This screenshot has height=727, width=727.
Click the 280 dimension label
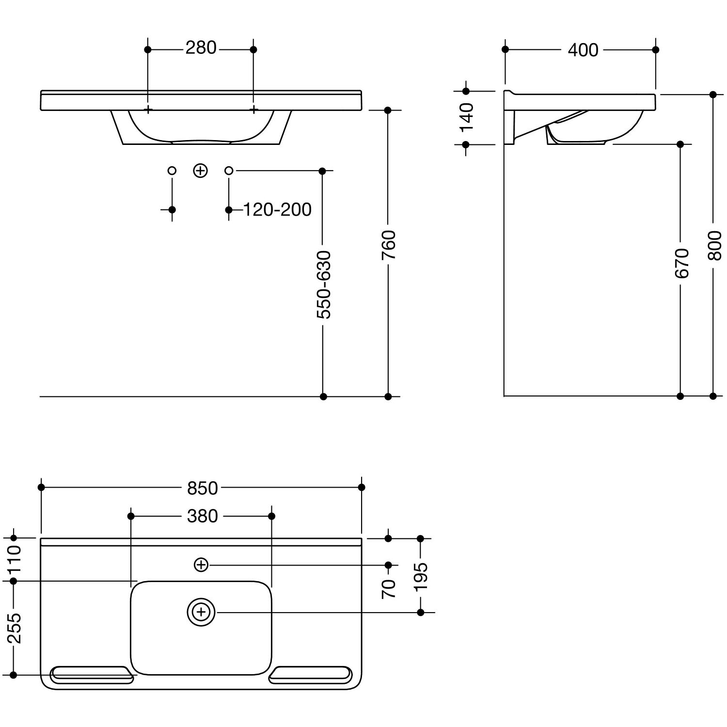201,48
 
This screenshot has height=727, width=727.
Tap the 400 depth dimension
583,50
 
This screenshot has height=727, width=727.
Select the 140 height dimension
467,117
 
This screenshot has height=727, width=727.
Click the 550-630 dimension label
323,284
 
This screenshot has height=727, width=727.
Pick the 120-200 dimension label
277,210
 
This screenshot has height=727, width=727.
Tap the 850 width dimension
203,488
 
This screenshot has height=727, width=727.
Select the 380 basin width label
203,517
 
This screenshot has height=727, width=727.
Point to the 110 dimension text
14,559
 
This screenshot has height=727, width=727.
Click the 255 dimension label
14,628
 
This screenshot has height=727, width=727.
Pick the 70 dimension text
389,589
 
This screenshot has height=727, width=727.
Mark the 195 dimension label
421,576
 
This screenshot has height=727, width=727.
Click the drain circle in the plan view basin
201,613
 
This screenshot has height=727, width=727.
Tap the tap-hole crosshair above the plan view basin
201,565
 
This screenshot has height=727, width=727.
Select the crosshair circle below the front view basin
201,171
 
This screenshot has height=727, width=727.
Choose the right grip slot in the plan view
310,675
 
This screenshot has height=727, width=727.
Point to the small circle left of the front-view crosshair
172,171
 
